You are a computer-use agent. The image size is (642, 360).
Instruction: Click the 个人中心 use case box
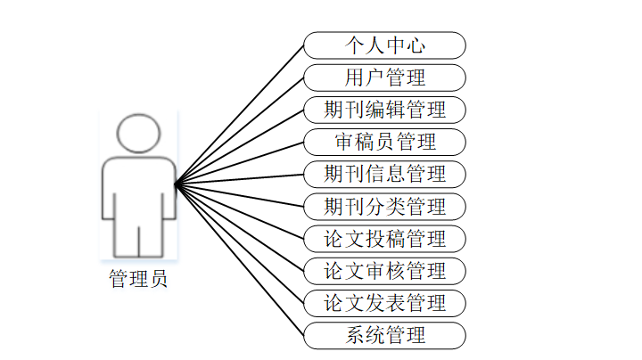pyautogui.click(x=384, y=45)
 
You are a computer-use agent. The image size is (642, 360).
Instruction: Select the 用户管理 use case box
pyautogui.click(x=384, y=78)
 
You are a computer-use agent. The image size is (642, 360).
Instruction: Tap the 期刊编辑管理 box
pyautogui.click(x=384, y=110)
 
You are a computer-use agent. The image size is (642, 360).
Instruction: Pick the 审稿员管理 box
pyautogui.click(x=384, y=142)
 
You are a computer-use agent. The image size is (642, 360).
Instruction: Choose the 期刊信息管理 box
pyautogui.click(x=384, y=174)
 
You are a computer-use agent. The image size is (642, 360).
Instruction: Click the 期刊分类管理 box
pyautogui.click(x=384, y=206)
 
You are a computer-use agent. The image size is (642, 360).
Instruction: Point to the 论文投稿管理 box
pyautogui.click(x=384, y=239)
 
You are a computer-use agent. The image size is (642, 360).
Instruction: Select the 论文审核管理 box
pyautogui.click(x=384, y=271)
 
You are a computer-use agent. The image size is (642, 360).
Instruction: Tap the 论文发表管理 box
pyautogui.click(x=384, y=303)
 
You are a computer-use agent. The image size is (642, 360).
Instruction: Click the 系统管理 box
pyautogui.click(x=384, y=335)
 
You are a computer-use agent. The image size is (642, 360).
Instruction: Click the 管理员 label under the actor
pyautogui.click(x=138, y=278)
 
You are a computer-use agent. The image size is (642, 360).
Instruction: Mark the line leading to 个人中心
pyautogui.click(x=240, y=114)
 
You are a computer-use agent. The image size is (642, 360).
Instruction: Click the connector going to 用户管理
pyautogui.click(x=240, y=130)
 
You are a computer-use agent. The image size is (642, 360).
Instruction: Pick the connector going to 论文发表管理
pyautogui.click(x=240, y=243)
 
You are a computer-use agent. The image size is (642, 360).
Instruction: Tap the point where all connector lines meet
pyautogui.click(x=176, y=184)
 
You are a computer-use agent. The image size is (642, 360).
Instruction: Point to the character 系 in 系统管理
pyautogui.click(x=354, y=335)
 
